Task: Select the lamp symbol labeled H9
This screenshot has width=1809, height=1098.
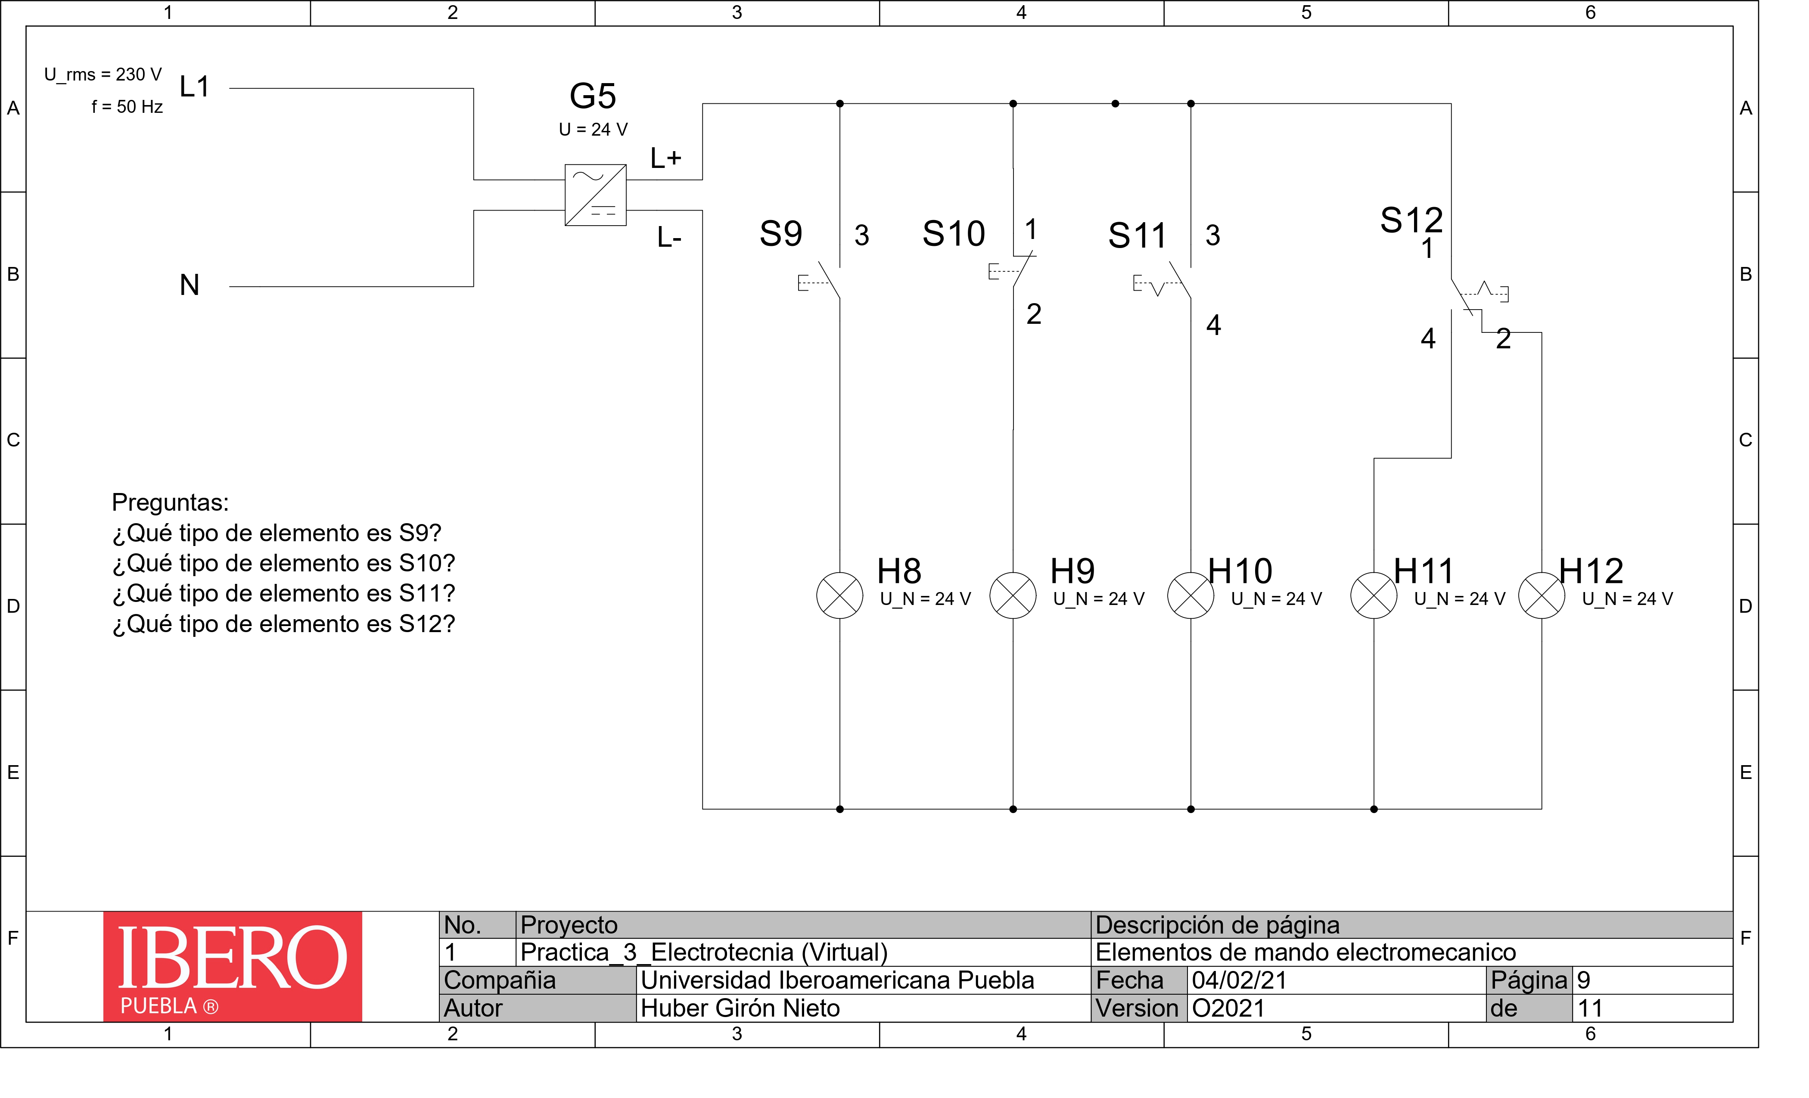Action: [x=1013, y=595]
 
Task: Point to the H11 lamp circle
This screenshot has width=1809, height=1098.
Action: [x=1373, y=595]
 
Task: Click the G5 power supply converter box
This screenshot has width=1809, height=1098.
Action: [x=595, y=195]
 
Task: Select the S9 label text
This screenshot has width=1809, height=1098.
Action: [x=780, y=234]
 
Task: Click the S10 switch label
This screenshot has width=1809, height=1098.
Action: [x=953, y=234]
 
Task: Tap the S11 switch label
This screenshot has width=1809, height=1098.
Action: [x=1137, y=236]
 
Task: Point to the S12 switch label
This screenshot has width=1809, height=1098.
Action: [x=1410, y=220]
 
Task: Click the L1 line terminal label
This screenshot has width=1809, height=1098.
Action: [x=195, y=87]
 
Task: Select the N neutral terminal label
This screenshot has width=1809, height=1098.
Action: [x=190, y=285]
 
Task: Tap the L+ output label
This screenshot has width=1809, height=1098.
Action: [x=666, y=158]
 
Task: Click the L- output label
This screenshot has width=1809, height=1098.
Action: [x=669, y=238]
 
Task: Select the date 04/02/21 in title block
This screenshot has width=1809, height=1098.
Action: [x=1239, y=980]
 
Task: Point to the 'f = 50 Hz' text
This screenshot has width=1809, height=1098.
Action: [x=127, y=107]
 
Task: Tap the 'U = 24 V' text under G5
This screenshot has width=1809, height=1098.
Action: [x=593, y=130]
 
